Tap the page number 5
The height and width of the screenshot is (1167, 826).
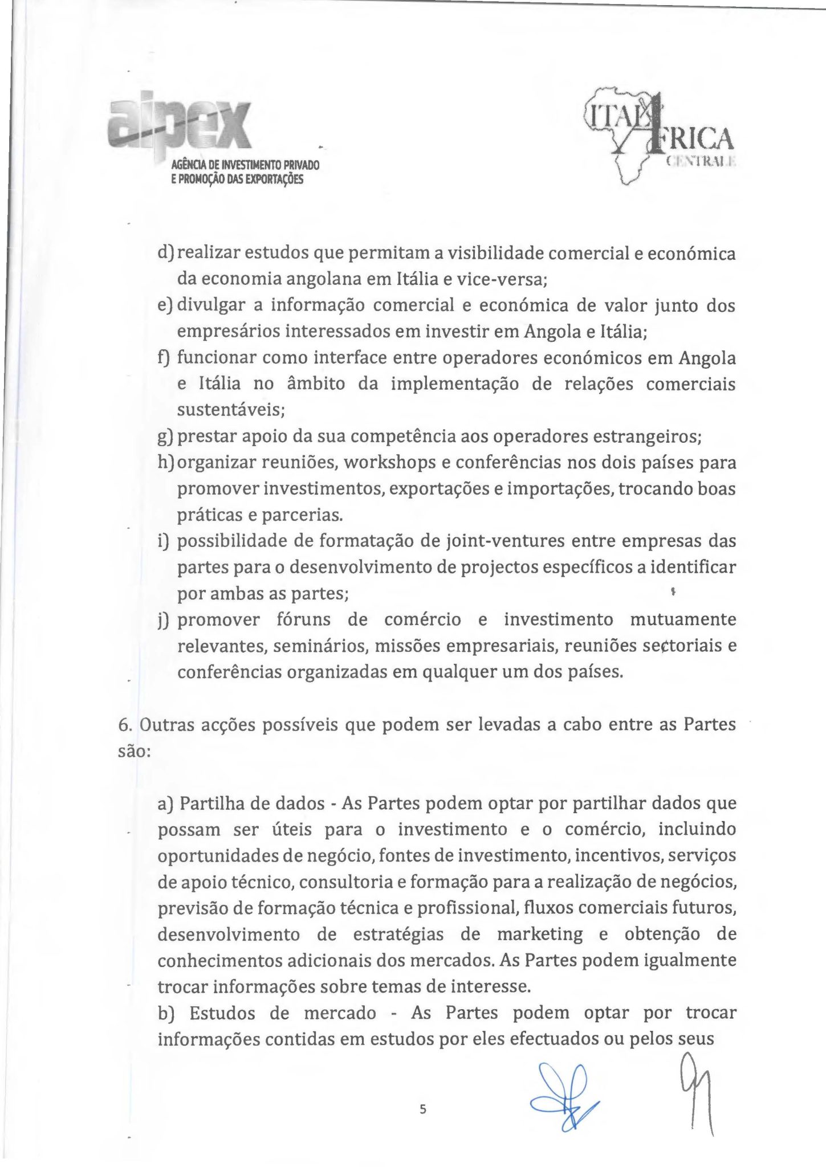pyautogui.click(x=422, y=1109)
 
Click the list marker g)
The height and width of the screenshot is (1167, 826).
pyautogui.click(x=166, y=436)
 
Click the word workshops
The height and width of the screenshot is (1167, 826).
pyautogui.click(x=390, y=462)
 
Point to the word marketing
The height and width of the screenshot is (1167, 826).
pyautogui.click(x=540, y=935)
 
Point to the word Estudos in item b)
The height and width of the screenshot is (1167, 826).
pyautogui.click(x=239, y=1013)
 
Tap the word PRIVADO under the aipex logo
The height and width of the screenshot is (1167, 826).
pyautogui.click(x=302, y=165)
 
